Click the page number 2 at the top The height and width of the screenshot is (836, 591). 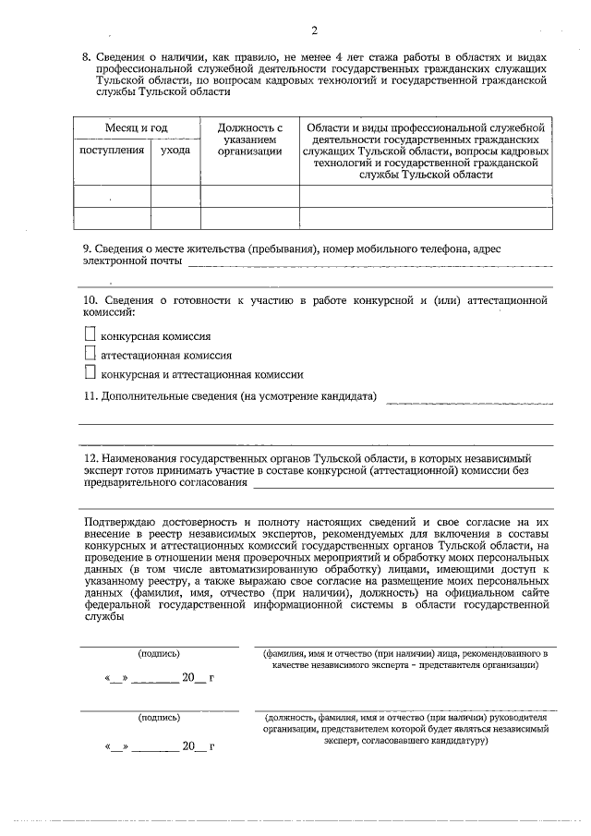pyautogui.click(x=314, y=32)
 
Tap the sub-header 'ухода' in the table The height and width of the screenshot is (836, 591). pyautogui.click(x=175, y=149)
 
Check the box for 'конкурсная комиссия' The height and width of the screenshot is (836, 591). pyautogui.click(x=90, y=335)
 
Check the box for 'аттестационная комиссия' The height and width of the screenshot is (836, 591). pyautogui.click(x=90, y=354)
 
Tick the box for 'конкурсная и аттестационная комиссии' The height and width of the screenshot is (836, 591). pyautogui.click(x=90, y=373)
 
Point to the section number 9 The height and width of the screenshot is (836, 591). pyautogui.click(x=86, y=248)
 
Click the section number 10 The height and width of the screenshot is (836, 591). pyautogui.click(x=90, y=300)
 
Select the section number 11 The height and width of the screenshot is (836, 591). pyautogui.click(x=90, y=396)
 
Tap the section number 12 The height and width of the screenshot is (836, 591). pyautogui.click(x=90, y=457)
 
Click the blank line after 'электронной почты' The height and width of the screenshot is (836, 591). pyautogui.click(x=369, y=266)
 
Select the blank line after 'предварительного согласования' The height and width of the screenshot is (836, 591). pyautogui.click(x=404, y=486)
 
